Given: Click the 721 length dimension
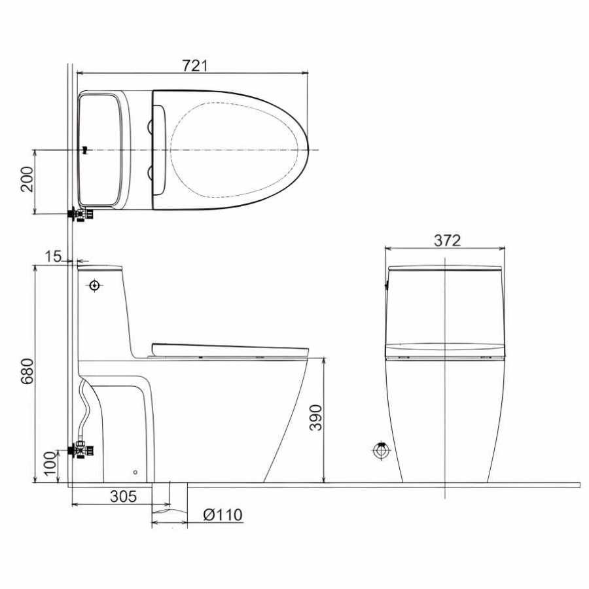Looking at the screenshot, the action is [194, 65].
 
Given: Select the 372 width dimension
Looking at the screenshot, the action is [447, 240].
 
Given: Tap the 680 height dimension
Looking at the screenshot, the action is [27, 371].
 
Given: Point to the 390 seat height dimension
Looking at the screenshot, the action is [315, 418].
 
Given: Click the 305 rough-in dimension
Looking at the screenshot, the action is [123, 497].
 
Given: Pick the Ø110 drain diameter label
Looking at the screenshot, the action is [223, 514].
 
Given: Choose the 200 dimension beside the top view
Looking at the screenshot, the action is [27, 179].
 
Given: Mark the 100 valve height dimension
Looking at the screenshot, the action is [50, 463].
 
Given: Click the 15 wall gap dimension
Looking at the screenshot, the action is [53, 257].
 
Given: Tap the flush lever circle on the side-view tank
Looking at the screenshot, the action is [94, 286].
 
